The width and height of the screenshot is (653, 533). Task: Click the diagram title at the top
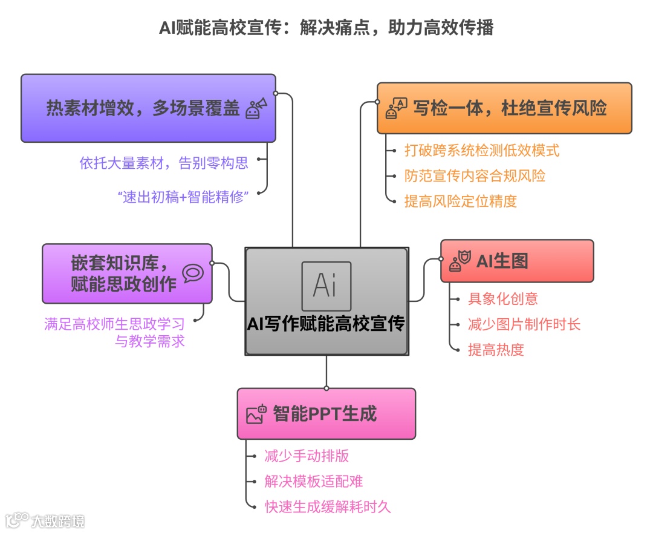coord(326,28)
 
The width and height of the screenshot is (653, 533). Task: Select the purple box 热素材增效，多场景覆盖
coord(148,108)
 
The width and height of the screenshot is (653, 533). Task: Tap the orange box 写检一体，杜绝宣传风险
coord(504,108)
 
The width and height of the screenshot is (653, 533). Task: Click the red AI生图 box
coord(517,261)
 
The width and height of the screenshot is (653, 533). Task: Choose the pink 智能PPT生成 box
coord(326,414)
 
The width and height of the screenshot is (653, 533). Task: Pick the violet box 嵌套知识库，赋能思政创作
coord(127,273)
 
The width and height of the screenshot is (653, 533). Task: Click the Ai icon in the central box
coord(326,286)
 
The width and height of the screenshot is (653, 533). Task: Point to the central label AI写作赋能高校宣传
coord(326,324)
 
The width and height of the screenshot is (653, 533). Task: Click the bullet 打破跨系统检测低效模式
coord(481,150)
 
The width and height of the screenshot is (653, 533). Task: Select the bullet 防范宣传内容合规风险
coord(475,175)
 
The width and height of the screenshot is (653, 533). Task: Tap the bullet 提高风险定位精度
coord(461,201)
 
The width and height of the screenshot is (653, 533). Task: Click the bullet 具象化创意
coord(502,298)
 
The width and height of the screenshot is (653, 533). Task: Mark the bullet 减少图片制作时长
coord(524,324)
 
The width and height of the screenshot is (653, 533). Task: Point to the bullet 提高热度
coord(495,349)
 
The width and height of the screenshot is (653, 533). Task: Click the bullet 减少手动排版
coord(307,456)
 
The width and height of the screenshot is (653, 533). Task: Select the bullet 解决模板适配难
coord(313,481)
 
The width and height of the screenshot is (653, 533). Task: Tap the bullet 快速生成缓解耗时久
coord(327,506)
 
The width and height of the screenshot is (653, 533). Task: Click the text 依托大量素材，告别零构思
coord(163,162)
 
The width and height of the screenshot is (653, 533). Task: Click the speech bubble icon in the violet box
coord(192,273)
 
